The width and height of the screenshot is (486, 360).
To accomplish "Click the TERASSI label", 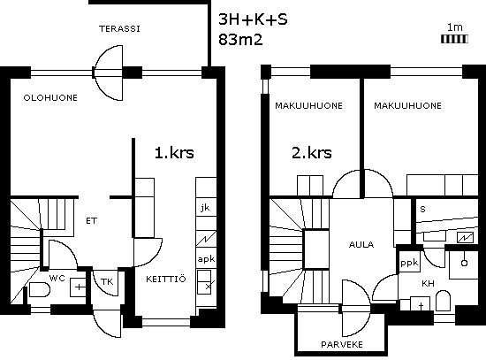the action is (119, 29).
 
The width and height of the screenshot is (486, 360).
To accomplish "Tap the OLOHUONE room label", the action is (50, 98).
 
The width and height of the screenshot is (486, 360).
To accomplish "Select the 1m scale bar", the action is (454, 39).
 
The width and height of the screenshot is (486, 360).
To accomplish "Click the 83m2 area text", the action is (240, 40).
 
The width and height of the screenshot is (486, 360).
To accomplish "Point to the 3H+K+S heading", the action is (253, 19).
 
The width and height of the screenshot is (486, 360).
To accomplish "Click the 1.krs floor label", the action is (174, 153).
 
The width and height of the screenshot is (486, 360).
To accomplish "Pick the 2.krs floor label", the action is (312, 153).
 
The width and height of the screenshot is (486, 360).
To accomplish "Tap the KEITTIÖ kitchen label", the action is (166, 279).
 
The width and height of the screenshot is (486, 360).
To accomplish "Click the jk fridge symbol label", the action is (205, 208).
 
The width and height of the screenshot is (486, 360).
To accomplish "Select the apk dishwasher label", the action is (206, 259).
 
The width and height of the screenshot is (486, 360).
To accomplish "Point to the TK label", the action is (107, 282).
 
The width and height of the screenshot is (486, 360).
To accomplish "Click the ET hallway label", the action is (91, 221).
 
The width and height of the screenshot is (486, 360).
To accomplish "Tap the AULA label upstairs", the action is (361, 244).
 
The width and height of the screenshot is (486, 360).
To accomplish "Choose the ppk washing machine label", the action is (409, 264).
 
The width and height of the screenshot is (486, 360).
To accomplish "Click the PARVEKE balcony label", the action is (342, 344).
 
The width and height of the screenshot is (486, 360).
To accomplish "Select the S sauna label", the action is (422, 210).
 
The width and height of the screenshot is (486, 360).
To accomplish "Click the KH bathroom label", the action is (428, 283).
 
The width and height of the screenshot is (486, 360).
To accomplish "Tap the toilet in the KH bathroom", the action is (443, 301).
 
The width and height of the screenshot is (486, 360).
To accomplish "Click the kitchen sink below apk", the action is (204, 282).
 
